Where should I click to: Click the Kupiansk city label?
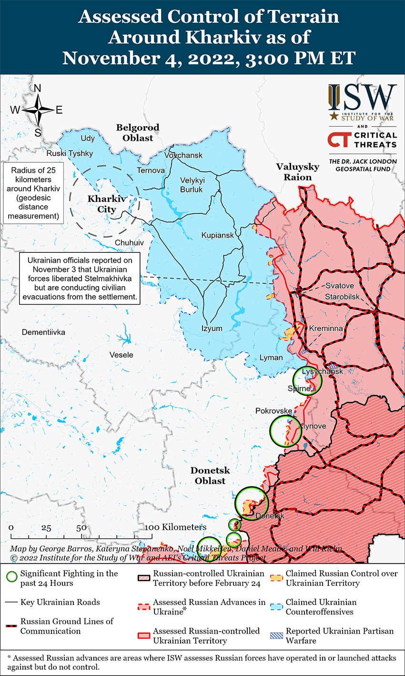click(x=217, y=235)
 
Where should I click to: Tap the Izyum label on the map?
click(x=212, y=328)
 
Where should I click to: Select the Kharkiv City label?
click(x=106, y=204)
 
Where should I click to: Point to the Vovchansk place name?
click(x=183, y=155)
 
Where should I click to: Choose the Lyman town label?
click(x=271, y=358)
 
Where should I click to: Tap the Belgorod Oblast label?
click(x=138, y=133)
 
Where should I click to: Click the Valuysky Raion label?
click(x=298, y=172)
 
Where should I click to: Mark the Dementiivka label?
click(x=43, y=332)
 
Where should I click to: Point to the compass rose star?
click(x=38, y=110)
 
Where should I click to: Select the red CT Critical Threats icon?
click(x=338, y=139)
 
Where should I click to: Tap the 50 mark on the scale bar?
click(x=81, y=527)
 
